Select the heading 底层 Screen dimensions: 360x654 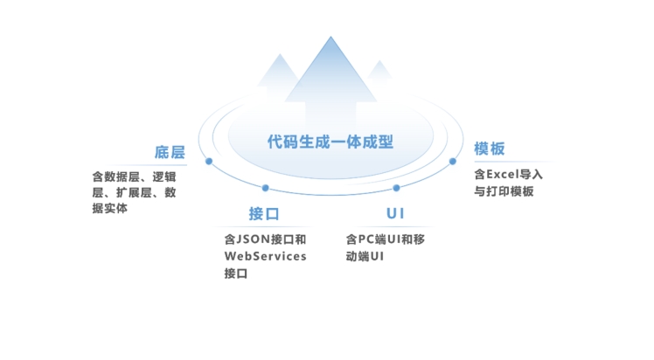click(x=170, y=152)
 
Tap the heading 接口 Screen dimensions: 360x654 click(x=264, y=214)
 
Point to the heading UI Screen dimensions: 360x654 click(x=395, y=214)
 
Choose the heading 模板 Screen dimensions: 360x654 click(x=490, y=149)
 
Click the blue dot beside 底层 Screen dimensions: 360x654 click(x=209, y=162)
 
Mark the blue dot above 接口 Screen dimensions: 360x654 click(x=265, y=188)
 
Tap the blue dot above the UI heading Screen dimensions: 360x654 click(x=396, y=188)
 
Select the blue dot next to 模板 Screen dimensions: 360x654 click(x=453, y=162)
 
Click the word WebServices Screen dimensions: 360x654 click(x=265, y=256)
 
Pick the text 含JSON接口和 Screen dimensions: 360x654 click(x=265, y=239)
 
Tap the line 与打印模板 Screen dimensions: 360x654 click(x=504, y=192)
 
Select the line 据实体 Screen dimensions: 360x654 click(x=110, y=209)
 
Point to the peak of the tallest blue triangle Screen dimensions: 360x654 click(x=330, y=38)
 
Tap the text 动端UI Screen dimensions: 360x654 click(x=365, y=256)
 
